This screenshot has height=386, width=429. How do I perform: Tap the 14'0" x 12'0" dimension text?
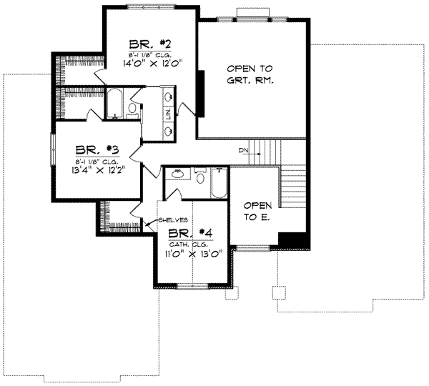(x=148, y=63)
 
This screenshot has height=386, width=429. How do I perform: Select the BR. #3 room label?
(x=97, y=152)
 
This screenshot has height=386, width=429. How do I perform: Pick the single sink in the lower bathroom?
(x=177, y=174)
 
